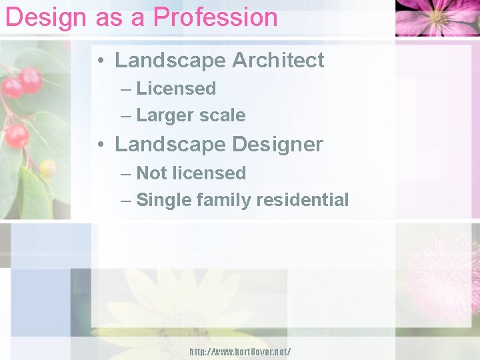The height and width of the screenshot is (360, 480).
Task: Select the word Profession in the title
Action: (215, 17)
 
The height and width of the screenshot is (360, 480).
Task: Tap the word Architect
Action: (278, 60)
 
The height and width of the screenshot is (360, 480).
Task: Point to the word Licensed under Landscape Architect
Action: (176, 88)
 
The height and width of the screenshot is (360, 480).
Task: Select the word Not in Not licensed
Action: (151, 173)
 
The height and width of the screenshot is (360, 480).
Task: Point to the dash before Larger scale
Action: (126, 115)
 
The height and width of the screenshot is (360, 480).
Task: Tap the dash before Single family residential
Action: (126, 200)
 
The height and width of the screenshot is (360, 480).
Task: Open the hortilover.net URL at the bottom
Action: (240, 351)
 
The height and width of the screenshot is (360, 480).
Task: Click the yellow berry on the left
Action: (47, 168)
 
